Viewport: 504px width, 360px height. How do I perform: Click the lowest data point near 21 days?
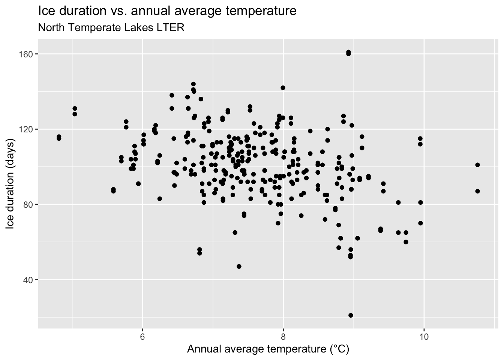coord(351,315)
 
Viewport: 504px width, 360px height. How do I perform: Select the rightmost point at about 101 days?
coord(477,165)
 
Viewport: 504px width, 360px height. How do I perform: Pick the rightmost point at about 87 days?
coord(477,191)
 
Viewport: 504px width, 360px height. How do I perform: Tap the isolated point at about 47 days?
coord(239,266)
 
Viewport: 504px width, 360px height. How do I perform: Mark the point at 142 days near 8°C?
coord(283,88)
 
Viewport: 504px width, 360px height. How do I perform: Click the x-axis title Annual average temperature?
coord(268,349)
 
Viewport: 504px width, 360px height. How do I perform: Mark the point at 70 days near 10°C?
coord(420,223)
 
